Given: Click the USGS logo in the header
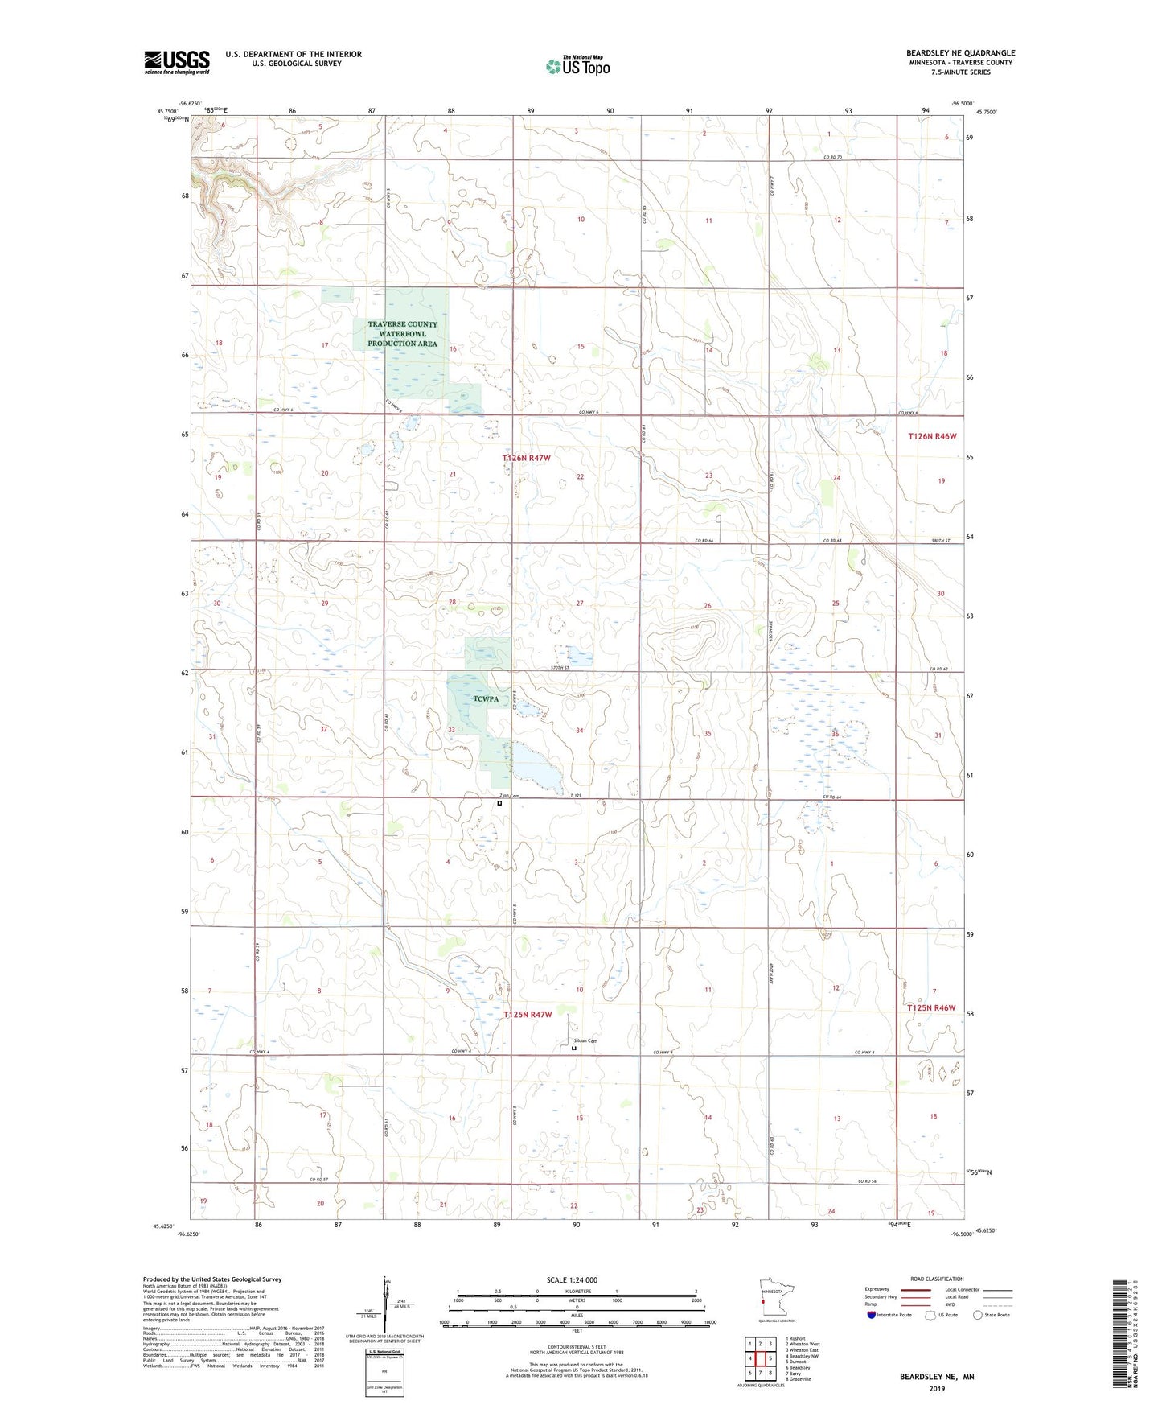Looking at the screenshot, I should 177,62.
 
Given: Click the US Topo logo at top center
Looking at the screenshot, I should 577,66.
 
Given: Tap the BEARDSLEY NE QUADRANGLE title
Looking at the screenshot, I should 960,53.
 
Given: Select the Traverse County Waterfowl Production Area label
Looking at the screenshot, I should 402,334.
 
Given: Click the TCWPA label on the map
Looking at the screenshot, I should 486,698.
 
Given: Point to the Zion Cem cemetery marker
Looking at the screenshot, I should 499,803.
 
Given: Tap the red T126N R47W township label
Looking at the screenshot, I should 527,458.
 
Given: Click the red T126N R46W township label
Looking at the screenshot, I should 932,436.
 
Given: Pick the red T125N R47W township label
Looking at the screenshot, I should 528,1015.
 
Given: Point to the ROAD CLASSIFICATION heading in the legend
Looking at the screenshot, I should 937,1279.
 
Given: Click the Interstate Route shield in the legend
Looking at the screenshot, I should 872,1315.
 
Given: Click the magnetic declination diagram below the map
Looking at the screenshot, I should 385,1306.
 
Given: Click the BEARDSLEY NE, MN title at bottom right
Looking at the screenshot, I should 937,1377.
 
